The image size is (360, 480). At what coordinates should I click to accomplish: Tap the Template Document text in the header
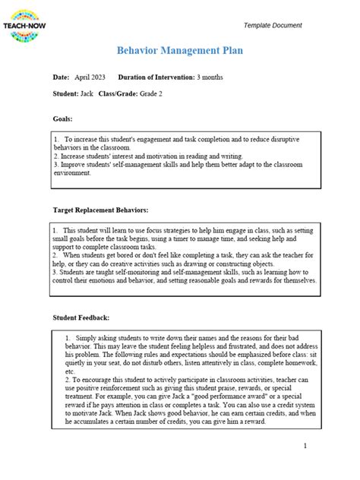click(273, 26)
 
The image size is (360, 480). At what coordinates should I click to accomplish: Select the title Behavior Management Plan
click(179, 50)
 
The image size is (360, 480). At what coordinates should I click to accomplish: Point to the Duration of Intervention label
click(156, 77)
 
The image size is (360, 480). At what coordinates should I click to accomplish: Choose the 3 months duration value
click(210, 77)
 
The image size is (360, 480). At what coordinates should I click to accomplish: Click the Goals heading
click(63, 119)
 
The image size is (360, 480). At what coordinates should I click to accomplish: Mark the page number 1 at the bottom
click(305, 446)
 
